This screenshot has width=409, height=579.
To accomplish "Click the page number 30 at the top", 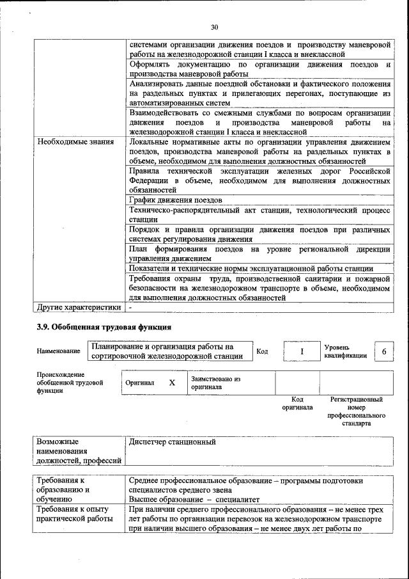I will point(214,27).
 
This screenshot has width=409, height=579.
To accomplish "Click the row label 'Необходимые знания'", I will point(76,141).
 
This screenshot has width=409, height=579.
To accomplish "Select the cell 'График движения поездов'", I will point(176,200).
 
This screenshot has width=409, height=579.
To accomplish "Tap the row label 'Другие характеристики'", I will point(79,306).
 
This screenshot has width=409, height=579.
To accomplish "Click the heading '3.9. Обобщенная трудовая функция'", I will point(104,328).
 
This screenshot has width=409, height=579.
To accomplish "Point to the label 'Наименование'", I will point(59,351).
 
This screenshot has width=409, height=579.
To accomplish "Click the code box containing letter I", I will point(300,351).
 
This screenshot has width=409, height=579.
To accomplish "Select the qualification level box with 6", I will point(383,351).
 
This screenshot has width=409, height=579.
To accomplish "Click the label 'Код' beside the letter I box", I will point(262,351).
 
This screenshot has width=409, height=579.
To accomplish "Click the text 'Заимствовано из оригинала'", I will point(215,383).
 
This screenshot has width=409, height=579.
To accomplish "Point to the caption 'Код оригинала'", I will point(297,403).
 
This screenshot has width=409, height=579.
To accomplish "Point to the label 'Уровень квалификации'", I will point(345,351).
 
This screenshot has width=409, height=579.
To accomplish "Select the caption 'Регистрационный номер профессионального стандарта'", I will point(355,411).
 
